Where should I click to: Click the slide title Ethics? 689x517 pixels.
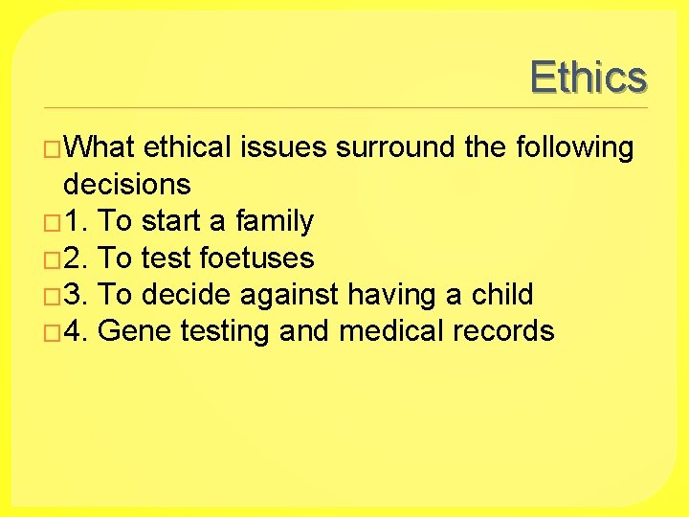tap(588, 77)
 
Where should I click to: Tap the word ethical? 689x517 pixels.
tap(188, 147)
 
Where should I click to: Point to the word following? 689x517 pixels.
tap(574, 148)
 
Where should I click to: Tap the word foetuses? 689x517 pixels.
tap(257, 258)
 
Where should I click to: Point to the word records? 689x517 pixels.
tap(504, 331)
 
